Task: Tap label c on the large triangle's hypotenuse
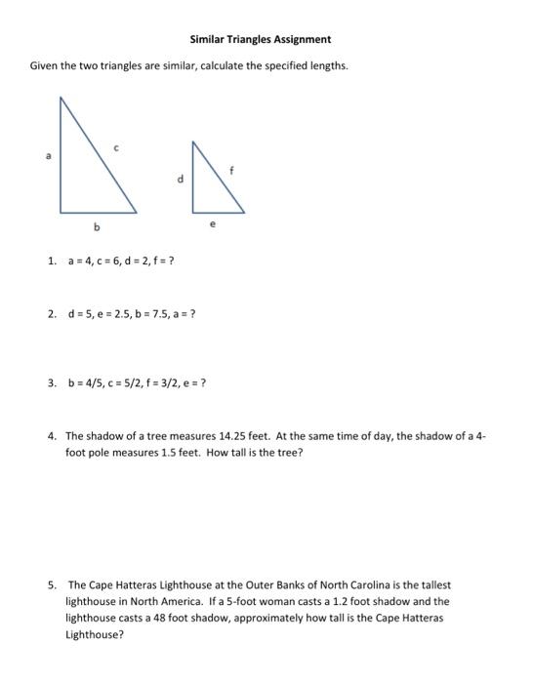pos(116,147)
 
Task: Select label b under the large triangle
pos(96,227)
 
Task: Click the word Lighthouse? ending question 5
pos(94,633)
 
